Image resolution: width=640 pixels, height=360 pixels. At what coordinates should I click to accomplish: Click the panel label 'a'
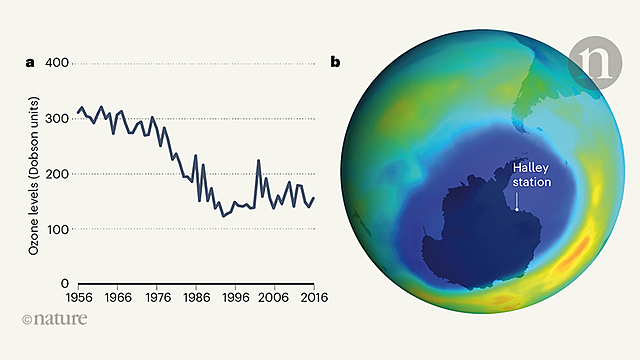pyautogui.click(x=30, y=63)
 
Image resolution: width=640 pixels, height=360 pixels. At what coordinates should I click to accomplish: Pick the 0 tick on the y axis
pyautogui.click(x=62, y=284)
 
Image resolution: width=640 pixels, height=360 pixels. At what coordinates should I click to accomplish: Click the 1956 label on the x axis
pyautogui.click(x=79, y=297)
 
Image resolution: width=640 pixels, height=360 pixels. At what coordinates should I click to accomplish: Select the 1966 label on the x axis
pyautogui.click(x=118, y=297)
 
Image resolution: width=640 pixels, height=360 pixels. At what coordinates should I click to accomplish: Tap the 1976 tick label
pyautogui.click(x=157, y=297)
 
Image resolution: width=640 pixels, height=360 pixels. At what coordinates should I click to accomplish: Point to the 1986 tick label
pyautogui.click(x=196, y=297)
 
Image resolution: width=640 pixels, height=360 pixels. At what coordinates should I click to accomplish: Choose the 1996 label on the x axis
pyautogui.click(x=236, y=297)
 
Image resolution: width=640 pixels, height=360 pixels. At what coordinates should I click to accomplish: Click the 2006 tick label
pyautogui.click(x=275, y=297)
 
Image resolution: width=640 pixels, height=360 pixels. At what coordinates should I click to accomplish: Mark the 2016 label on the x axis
pyautogui.click(x=313, y=297)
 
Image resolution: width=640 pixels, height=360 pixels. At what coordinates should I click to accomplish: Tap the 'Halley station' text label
pyautogui.click(x=530, y=176)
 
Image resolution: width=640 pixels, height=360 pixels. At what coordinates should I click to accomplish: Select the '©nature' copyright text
pyautogui.click(x=54, y=319)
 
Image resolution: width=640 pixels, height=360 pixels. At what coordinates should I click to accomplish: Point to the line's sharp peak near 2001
pyautogui.click(x=258, y=160)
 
